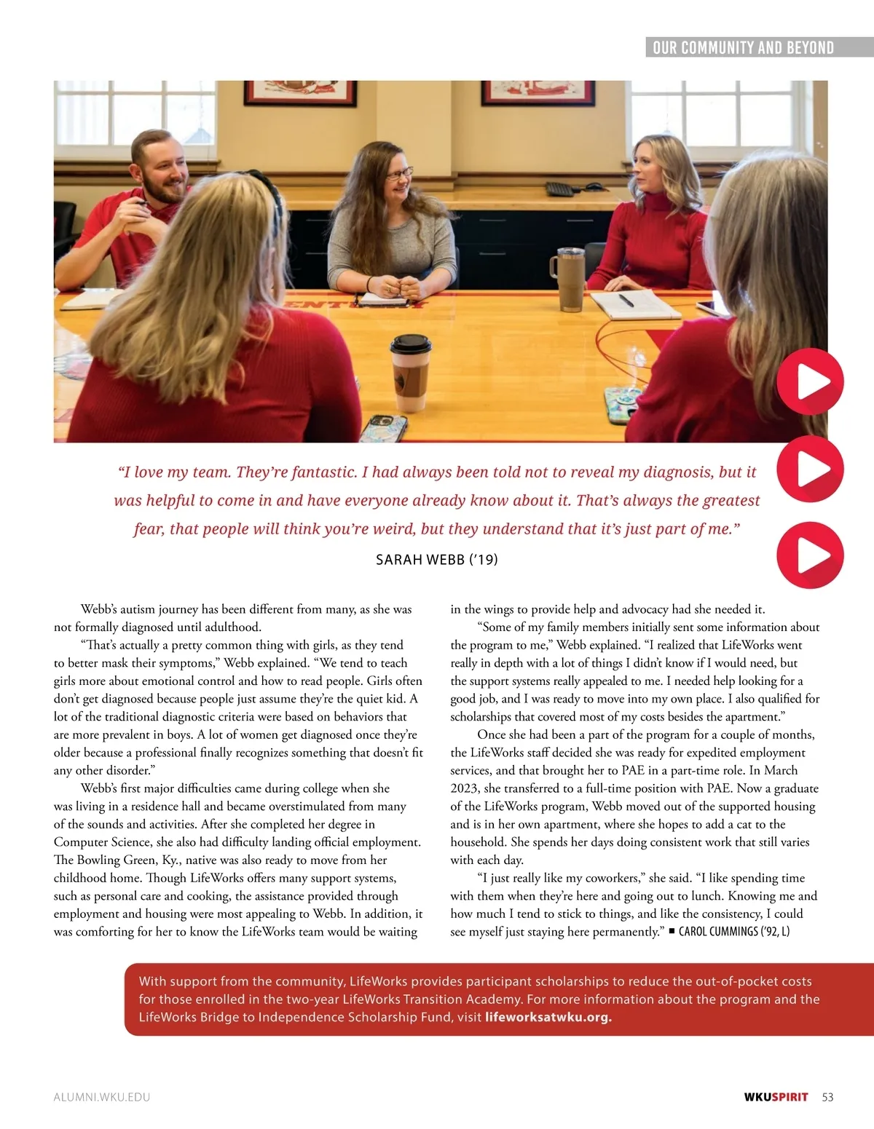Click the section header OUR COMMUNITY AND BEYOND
pos(743,48)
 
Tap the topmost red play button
pos(810,382)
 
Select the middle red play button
pos(810,469)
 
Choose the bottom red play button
pos(810,555)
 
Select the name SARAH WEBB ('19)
pos(436,560)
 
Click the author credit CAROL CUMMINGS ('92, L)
pos(733,932)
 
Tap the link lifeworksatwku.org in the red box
pos(548,1017)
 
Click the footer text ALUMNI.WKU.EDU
pos(102,1097)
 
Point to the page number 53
pos(827,1097)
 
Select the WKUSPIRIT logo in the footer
pos(776,1097)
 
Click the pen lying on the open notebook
pos(626,300)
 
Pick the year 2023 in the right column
pos(465,788)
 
